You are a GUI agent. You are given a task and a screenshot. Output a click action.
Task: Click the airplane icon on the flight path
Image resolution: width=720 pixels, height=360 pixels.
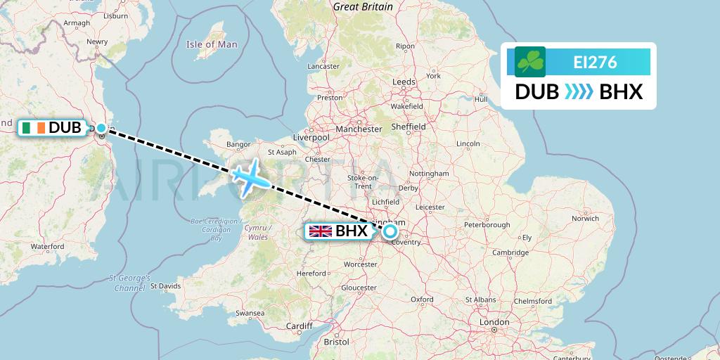248,176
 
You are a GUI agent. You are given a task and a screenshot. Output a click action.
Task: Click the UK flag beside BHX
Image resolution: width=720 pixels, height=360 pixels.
321,231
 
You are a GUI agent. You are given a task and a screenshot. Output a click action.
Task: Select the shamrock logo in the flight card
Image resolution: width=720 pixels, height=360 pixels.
529,62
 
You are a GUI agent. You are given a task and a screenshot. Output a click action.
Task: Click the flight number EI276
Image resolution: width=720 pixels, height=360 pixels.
595,62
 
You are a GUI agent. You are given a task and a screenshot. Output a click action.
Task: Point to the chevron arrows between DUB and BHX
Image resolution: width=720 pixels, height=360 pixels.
579,92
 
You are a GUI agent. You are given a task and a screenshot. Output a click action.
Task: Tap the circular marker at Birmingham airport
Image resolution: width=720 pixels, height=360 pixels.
390,231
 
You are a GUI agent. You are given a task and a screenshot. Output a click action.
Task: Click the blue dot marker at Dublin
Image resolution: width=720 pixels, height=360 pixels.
101,128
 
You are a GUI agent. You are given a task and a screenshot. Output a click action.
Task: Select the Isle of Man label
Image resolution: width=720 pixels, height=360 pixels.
212,44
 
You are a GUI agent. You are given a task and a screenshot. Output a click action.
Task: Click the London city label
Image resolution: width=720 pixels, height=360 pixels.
494,322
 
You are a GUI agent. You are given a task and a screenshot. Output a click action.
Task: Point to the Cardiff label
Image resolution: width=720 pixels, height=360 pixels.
299,326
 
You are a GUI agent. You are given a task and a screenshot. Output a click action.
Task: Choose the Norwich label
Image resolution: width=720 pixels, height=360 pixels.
585,219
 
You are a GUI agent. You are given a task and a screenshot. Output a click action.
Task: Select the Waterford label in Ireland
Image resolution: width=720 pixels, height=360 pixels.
48,247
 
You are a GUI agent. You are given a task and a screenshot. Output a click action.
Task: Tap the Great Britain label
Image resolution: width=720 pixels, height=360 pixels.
363,6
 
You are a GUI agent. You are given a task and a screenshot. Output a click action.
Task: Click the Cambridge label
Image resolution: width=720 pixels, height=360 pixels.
510,252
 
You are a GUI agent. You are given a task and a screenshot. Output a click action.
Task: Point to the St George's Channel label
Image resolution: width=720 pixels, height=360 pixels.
130,283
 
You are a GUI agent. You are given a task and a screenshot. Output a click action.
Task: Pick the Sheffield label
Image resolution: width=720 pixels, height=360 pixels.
409,127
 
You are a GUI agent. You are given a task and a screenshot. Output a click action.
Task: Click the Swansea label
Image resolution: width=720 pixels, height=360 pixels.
250,312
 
